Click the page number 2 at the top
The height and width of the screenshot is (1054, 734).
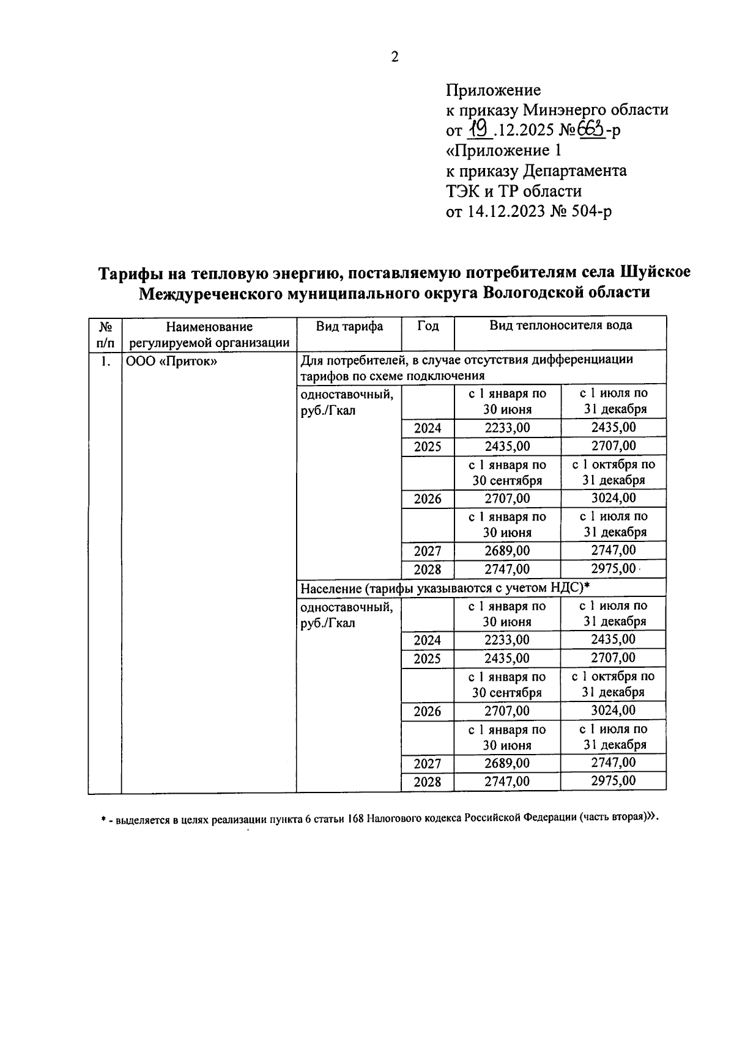click(x=395, y=57)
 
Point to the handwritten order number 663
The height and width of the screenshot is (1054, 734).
click(x=591, y=130)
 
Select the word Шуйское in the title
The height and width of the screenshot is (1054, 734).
click(x=655, y=271)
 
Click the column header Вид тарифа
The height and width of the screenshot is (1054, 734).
click(x=349, y=326)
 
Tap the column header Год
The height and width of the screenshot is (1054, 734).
click(x=428, y=326)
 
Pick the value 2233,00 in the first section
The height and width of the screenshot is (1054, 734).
click(x=507, y=428)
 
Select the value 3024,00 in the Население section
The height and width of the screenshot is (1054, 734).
click(x=613, y=710)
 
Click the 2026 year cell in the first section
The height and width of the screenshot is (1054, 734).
click(x=428, y=499)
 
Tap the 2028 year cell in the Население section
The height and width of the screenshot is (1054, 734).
click(x=428, y=781)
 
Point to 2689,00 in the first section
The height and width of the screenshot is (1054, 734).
click(x=507, y=551)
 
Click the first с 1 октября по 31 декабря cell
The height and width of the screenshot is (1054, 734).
click(x=614, y=472)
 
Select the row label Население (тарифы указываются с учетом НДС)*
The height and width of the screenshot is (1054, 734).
click(x=444, y=588)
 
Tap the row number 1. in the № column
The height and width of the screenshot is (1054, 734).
click(x=105, y=361)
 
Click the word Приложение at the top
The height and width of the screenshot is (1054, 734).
click(x=493, y=90)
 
